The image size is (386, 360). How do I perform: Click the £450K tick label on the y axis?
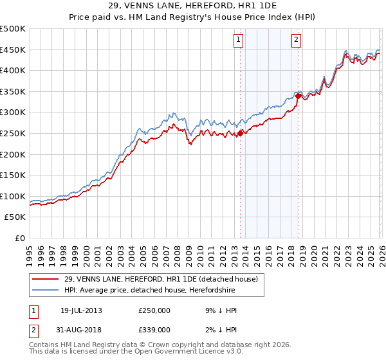pyautogui.click(x=13, y=50)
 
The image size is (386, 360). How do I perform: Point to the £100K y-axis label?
pyautogui.click(x=13, y=196)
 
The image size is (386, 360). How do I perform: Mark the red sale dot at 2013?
pyautogui.click(x=240, y=134)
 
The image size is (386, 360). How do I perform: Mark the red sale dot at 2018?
pyautogui.click(x=299, y=96)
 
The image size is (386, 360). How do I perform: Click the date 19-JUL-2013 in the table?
pyautogui.click(x=81, y=310)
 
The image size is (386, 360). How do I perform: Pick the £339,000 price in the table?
pyautogui.click(x=154, y=329)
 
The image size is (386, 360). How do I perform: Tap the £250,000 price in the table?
pyautogui.click(x=154, y=310)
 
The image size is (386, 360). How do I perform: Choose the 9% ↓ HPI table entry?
pyautogui.click(x=221, y=310)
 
